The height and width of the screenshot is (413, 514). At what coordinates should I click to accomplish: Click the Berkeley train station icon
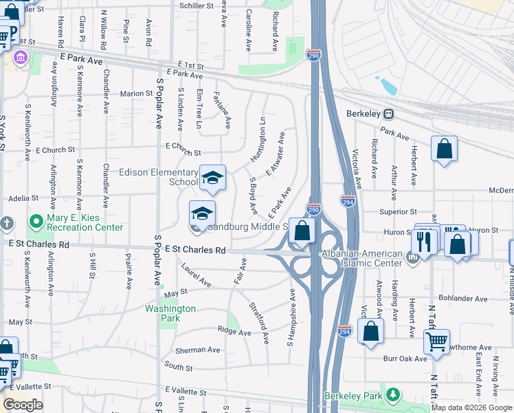[388, 114]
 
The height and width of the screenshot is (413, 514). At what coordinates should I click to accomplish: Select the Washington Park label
[162, 313]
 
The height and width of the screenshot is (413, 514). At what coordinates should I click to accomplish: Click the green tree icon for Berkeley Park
[392, 394]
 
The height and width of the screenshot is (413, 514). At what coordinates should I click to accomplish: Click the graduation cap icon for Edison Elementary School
[213, 178]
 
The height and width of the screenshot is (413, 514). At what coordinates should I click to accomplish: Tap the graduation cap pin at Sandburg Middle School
[202, 213]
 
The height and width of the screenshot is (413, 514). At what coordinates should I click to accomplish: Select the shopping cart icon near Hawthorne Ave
[436, 340]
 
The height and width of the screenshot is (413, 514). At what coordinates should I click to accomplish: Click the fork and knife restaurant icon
[424, 240]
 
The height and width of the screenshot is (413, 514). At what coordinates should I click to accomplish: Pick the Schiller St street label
[197, 6]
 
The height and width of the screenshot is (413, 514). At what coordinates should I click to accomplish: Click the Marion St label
[136, 94]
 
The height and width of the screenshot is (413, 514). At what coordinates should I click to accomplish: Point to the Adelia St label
[23, 198]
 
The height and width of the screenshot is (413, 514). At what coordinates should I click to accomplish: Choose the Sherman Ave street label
[197, 350]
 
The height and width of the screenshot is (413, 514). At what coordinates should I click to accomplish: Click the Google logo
[23, 404]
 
